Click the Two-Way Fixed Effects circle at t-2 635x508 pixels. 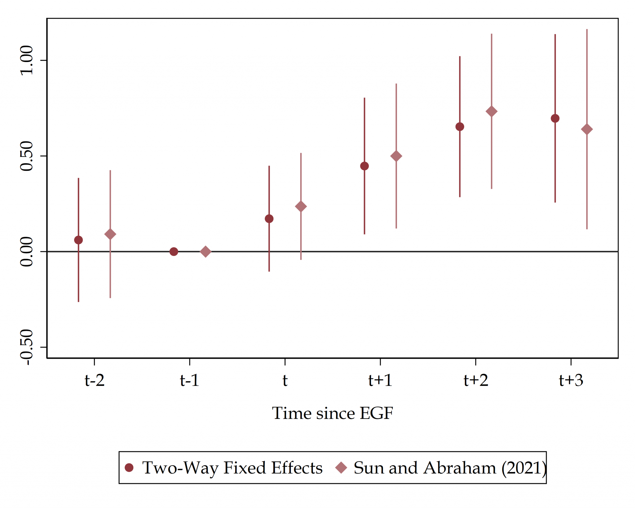pyautogui.click(x=78, y=240)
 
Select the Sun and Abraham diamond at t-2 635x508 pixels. pyautogui.click(x=110, y=234)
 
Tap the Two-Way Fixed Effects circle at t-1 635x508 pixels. pyautogui.click(x=174, y=252)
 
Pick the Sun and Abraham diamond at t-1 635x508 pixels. pyautogui.click(x=205, y=252)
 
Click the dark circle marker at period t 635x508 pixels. pyautogui.click(x=269, y=219)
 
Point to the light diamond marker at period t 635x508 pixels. pyautogui.click(x=301, y=207)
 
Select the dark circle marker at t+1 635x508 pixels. pyautogui.click(x=364, y=166)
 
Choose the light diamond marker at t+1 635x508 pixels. pyautogui.click(x=396, y=156)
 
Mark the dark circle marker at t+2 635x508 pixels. pyautogui.click(x=460, y=127)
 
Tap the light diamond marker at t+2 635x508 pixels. pyautogui.click(x=491, y=112)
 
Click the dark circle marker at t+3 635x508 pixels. pyautogui.click(x=555, y=118)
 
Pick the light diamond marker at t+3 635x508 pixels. pyautogui.click(x=587, y=129)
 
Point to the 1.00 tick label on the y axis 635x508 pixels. pyautogui.click(x=26, y=60)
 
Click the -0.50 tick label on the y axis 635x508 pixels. pyautogui.click(x=26, y=347)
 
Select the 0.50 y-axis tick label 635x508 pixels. pyautogui.click(x=26, y=156)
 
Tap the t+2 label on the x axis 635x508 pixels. pyautogui.click(x=476, y=380)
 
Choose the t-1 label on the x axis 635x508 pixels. pyautogui.click(x=189, y=380)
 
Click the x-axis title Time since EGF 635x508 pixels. pyautogui.click(x=332, y=413)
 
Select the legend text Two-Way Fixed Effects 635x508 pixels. pyautogui.click(x=232, y=468)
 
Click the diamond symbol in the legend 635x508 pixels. pyautogui.click(x=341, y=468)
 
